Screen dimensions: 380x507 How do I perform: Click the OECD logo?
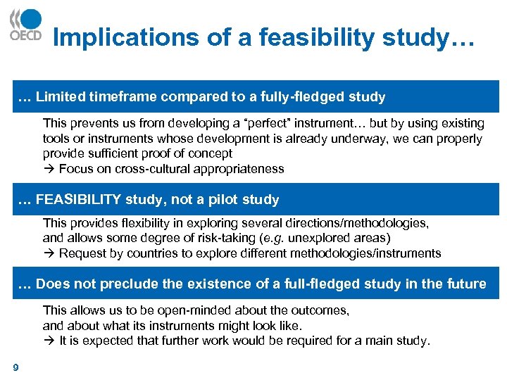(25, 25)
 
